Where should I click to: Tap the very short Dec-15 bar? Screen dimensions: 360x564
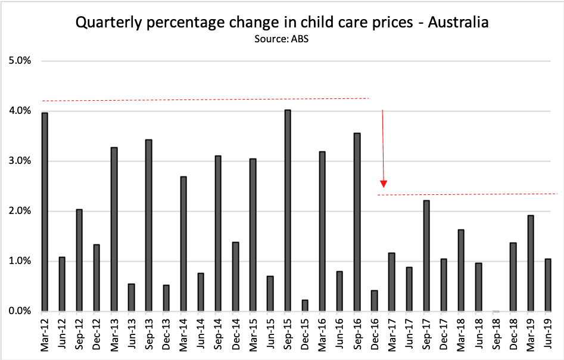305,305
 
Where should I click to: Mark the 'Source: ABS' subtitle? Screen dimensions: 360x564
282,39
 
